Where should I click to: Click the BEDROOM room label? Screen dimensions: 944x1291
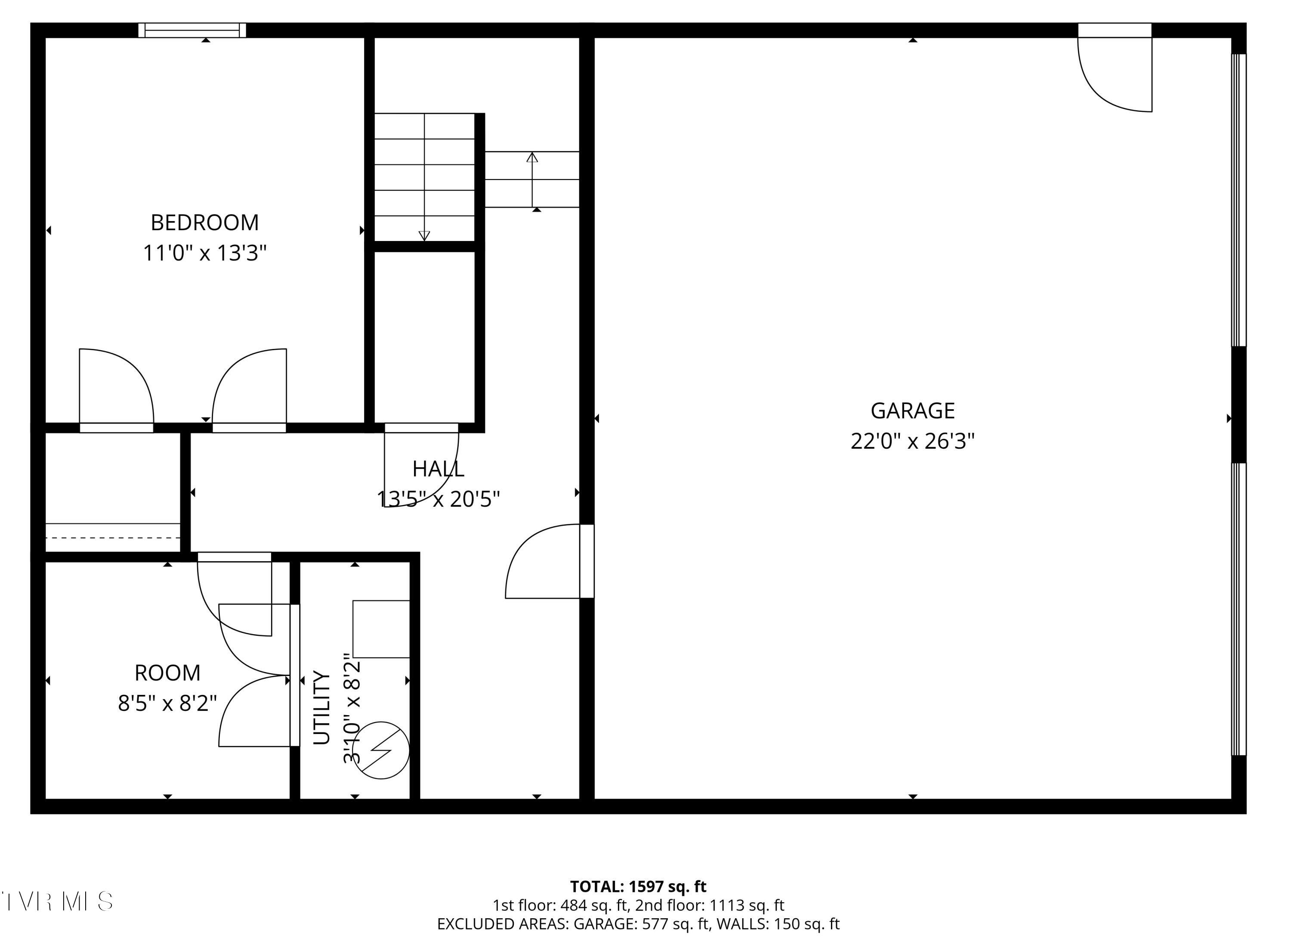point(204,222)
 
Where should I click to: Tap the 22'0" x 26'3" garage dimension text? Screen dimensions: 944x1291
point(912,441)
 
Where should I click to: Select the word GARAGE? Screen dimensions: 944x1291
point(912,410)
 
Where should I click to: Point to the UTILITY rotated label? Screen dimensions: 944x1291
point(322,707)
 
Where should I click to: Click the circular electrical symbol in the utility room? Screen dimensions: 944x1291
point(380,750)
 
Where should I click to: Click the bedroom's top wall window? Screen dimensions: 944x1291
point(192,30)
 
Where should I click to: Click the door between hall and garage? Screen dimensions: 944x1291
point(587,561)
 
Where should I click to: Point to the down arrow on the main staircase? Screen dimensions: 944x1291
point(424,235)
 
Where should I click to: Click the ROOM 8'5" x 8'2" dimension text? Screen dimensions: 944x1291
point(167,703)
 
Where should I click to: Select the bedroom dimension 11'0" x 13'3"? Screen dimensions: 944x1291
point(204,253)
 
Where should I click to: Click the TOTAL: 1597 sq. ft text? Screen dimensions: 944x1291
point(638,887)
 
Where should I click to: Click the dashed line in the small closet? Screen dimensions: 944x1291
point(112,538)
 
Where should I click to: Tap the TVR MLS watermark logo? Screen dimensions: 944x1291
point(57,901)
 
